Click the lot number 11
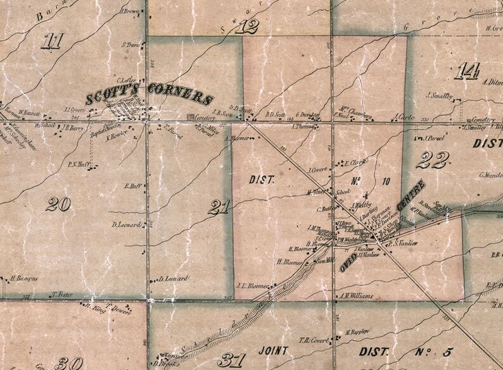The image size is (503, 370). (53, 42)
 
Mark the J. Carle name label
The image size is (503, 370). (404, 117)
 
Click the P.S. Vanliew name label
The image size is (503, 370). (405, 243)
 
